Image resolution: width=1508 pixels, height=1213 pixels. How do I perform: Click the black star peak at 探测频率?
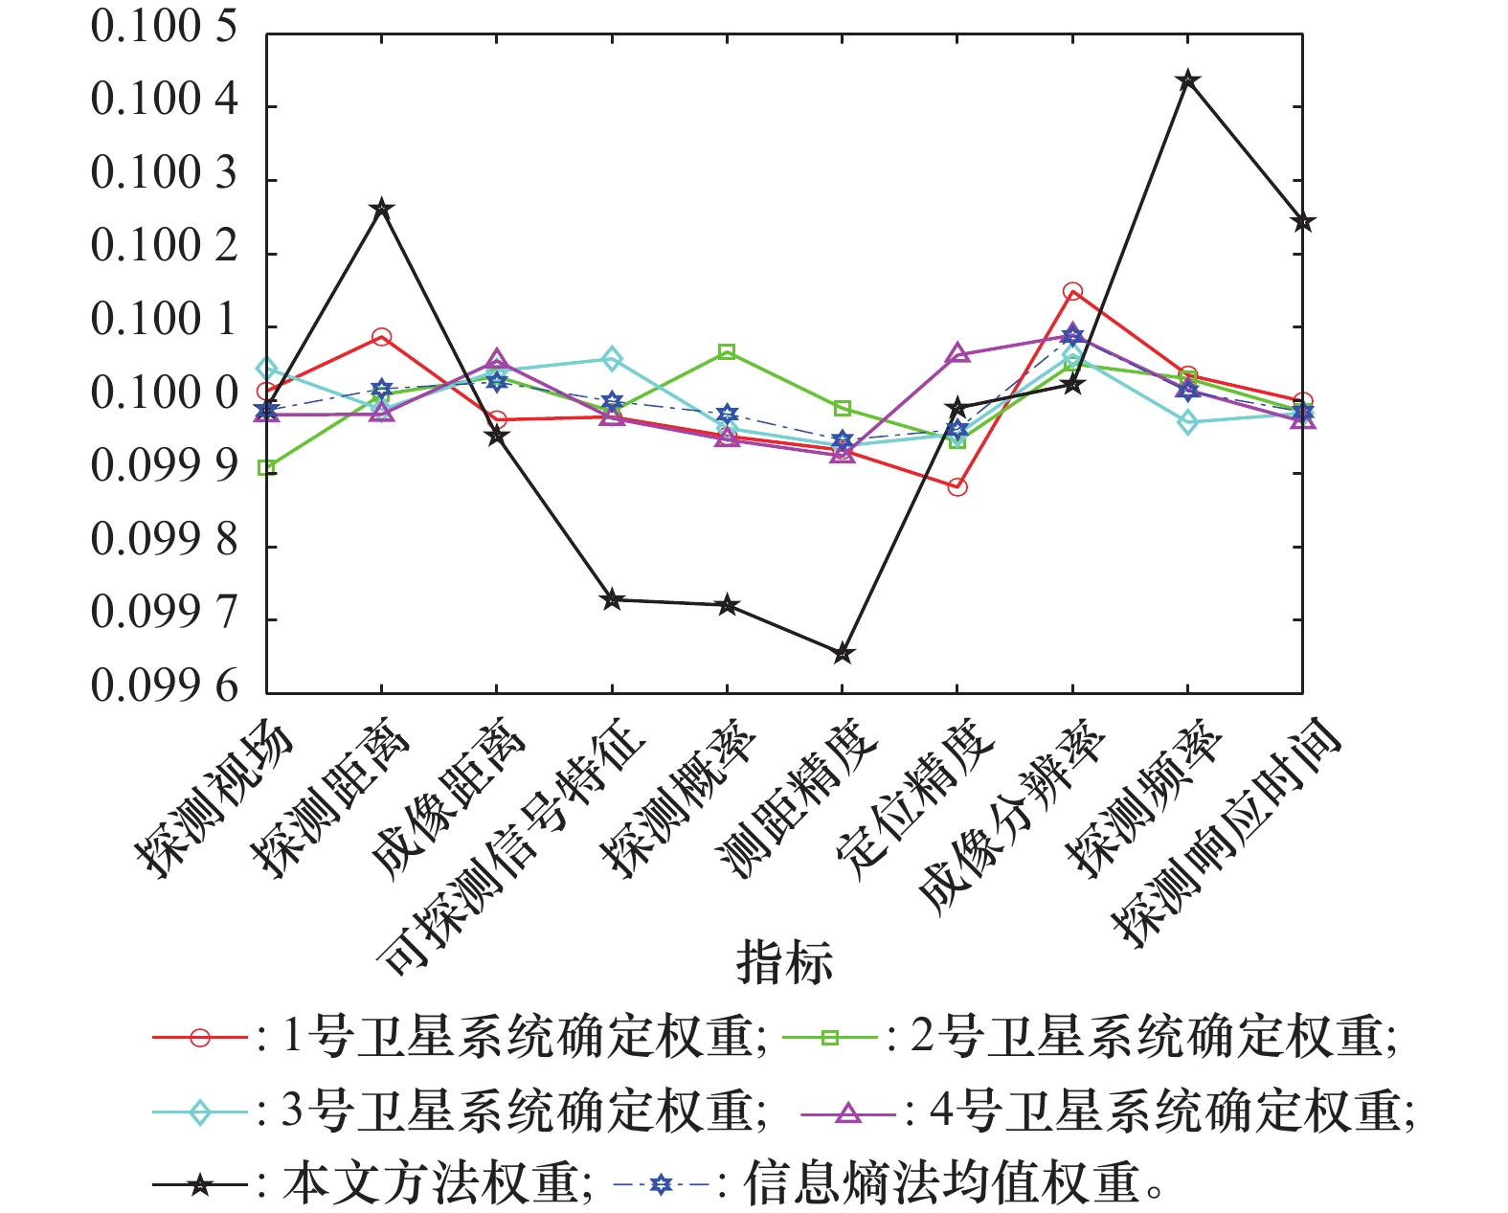1187,79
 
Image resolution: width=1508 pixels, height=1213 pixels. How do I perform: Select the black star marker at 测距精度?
843,654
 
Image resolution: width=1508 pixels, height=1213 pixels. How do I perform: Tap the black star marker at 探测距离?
382,209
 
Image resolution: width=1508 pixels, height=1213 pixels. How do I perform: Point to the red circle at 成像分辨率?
1072,292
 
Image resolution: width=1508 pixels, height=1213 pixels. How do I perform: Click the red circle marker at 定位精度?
957,487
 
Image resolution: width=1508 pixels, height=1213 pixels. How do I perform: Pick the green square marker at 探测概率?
727,352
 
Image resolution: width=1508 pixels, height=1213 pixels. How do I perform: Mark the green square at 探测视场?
267,468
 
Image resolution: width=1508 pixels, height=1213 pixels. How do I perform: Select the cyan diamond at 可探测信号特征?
612,360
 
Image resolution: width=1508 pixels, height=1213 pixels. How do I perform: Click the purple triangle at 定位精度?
957,355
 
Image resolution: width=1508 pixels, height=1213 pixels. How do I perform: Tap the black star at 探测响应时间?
1302,222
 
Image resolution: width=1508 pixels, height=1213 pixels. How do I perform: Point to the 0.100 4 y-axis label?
164,100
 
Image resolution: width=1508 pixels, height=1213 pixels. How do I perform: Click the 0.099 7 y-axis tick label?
164,613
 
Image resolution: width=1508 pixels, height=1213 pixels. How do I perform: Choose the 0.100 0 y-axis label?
164,393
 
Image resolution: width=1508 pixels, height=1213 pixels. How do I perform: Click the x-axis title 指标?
784,963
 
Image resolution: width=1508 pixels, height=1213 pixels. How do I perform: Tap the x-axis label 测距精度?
799,800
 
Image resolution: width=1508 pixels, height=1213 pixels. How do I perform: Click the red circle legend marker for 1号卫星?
200,1038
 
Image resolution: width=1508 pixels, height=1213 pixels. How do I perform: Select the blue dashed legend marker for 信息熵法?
661,1185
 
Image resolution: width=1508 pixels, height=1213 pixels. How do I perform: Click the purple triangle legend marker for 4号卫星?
848,1112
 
